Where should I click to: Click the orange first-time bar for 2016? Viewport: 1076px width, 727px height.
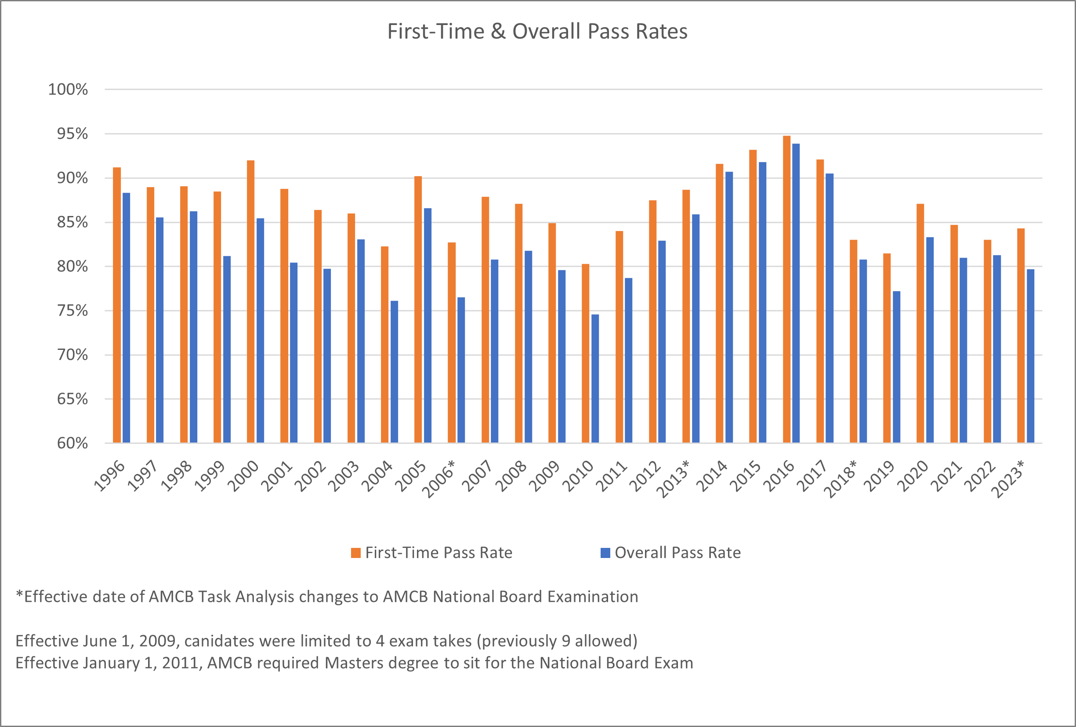[786, 289]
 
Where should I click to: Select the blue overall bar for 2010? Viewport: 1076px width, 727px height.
[595, 378]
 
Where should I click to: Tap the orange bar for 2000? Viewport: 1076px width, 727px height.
[250, 301]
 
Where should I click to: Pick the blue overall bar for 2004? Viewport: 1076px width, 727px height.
[394, 371]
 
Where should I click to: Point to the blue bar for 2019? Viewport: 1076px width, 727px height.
[896, 367]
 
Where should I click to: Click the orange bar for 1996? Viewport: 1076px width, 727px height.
[117, 305]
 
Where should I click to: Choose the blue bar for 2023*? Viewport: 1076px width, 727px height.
[1030, 356]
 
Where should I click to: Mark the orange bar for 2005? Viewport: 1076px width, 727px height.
[418, 309]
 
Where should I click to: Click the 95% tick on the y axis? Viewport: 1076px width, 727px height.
[72, 134]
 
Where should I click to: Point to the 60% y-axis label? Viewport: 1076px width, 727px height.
[72, 443]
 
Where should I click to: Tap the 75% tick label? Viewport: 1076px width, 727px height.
[72, 310]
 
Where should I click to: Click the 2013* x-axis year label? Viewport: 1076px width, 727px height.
[674, 479]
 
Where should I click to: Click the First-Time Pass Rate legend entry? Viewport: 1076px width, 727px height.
[438, 553]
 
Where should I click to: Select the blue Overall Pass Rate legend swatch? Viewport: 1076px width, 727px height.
[605, 553]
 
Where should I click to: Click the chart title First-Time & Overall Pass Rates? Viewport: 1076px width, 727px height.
[537, 32]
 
